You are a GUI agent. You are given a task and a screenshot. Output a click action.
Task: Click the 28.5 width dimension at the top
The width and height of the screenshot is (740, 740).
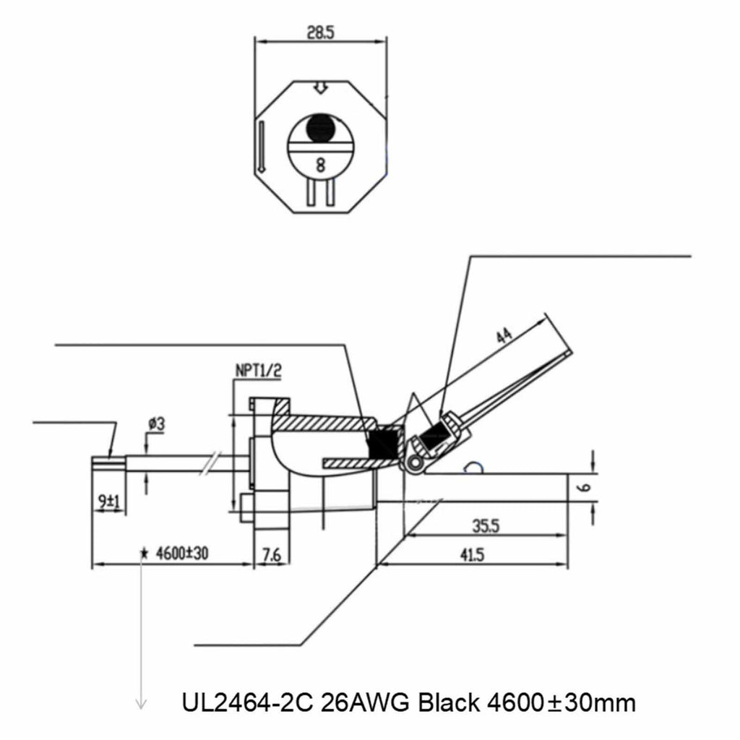pos(319,33)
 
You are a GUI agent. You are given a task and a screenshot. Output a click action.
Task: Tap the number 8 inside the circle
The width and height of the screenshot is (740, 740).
pos(320,163)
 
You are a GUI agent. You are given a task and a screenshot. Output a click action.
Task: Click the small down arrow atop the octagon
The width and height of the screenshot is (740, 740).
pos(320,87)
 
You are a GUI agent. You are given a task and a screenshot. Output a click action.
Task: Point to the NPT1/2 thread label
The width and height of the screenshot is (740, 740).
pos(258,371)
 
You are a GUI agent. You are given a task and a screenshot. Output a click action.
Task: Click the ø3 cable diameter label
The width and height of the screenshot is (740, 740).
pos(155,425)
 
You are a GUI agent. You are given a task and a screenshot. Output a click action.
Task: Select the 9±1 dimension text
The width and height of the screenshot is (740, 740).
pos(109,499)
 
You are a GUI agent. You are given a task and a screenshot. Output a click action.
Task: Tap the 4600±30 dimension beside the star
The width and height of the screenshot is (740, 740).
pos(181,554)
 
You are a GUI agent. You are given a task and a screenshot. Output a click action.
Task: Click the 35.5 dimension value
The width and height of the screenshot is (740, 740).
pos(486,526)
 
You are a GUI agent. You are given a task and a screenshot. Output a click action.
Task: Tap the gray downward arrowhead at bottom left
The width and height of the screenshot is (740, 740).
pos(142,702)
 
